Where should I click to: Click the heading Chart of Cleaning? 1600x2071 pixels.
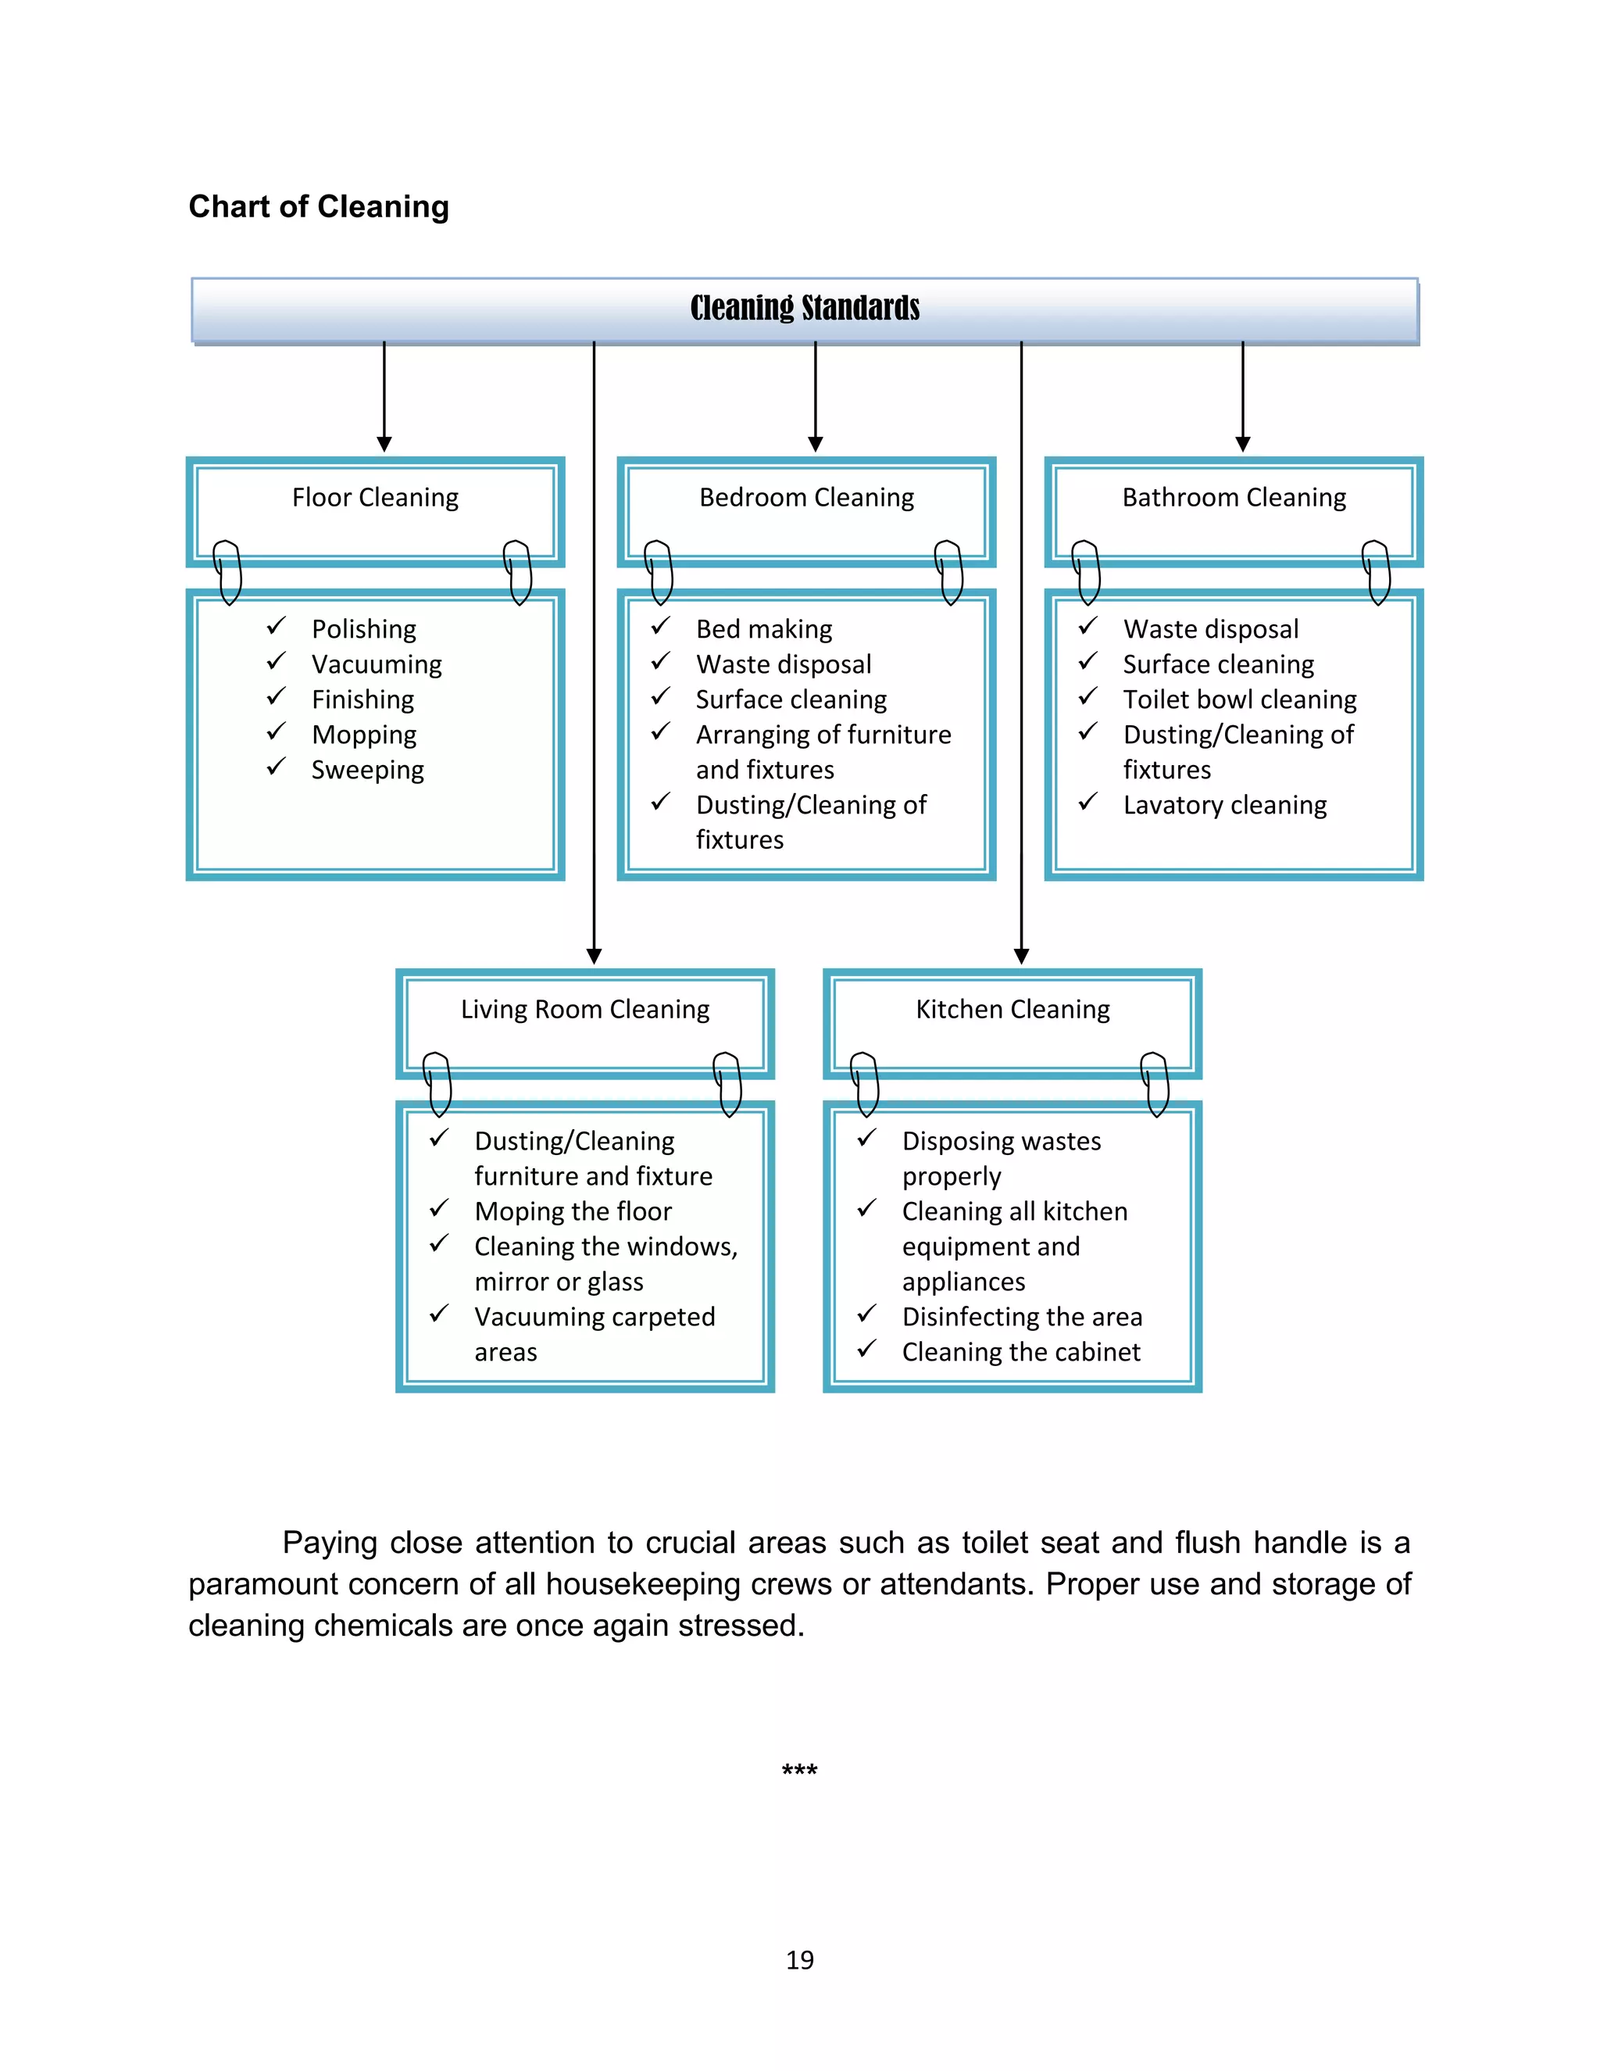tap(319, 207)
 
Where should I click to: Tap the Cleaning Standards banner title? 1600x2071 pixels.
tap(805, 308)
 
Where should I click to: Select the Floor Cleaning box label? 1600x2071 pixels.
tap(374, 498)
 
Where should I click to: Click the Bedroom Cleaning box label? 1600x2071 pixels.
tap(805, 498)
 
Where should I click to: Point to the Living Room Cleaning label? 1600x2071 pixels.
tap(585, 1009)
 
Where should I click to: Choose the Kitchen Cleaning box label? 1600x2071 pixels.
tap(1012, 1009)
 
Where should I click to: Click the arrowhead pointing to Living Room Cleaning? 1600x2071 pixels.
tap(595, 956)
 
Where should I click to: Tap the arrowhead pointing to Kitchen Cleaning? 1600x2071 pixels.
tap(1022, 956)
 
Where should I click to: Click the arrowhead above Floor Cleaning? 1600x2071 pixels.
tap(384, 444)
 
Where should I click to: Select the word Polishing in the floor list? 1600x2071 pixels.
tap(364, 630)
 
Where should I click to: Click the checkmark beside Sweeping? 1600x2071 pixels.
tap(276, 767)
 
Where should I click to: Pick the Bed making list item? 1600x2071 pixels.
tap(764, 630)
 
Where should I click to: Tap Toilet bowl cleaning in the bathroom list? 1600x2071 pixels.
tap(1240, 699)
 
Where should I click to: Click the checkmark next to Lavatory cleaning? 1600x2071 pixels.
tap(1088, 803)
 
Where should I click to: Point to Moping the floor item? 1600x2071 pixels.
tap(573, 1212)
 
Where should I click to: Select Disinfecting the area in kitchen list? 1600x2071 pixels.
tap(1022, 1317)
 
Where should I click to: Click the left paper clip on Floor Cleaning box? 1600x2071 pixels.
tap(227, 572)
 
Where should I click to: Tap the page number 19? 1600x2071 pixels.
tap(799, 1960)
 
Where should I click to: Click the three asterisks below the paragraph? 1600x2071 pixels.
tap(799, 1770)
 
